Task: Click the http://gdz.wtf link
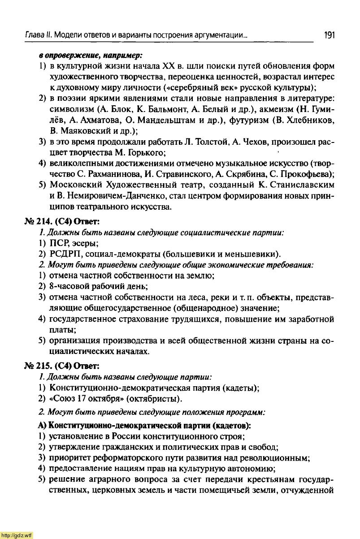tap(17, 535)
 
